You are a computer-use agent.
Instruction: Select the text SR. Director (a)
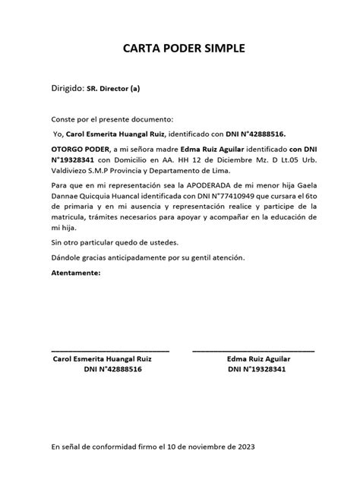113,89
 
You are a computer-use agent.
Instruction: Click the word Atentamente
75,272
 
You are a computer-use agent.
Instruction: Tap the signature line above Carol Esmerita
110,350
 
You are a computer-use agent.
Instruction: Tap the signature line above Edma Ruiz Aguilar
253,350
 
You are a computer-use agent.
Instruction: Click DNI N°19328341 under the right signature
257,369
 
